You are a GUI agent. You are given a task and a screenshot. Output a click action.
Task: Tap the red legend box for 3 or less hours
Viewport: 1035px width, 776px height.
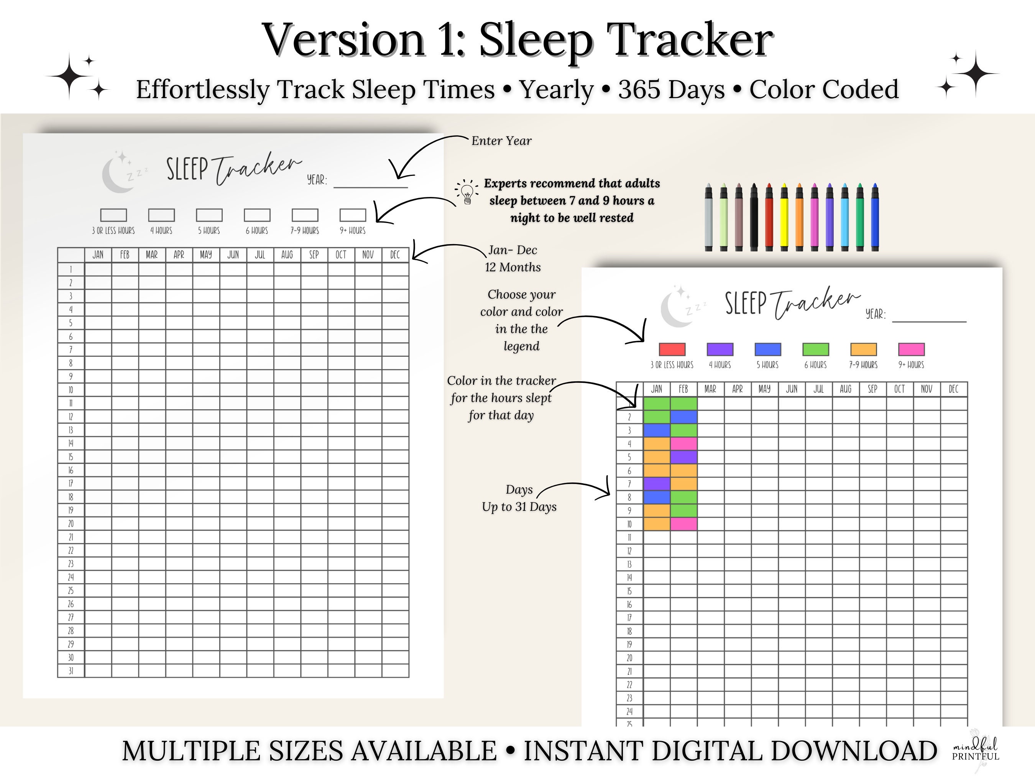click(x=672, y=349)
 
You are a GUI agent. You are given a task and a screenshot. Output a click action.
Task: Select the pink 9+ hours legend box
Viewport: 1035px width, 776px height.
click(x=911, y=349)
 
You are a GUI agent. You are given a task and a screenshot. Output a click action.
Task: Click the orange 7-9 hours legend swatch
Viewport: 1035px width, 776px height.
click(x=863, y=349)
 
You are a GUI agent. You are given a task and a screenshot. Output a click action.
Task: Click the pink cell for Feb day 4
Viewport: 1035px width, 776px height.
click(x=683, y=443)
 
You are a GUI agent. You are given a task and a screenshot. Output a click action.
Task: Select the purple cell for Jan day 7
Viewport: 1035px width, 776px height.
click(x=657, y=484)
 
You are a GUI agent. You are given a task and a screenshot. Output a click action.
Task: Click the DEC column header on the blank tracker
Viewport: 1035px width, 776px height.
click(x=395, y=254)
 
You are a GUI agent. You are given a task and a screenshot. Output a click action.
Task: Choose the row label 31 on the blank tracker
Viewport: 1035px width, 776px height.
click(x=71, y=671)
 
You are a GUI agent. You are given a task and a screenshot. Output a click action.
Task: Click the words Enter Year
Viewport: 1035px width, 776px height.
click(x=501, y=141)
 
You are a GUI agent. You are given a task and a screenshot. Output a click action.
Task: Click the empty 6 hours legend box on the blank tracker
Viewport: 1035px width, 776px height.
click(x=257, y=215)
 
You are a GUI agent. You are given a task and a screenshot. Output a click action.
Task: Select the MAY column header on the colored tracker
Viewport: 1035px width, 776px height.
click(x=764, y=389)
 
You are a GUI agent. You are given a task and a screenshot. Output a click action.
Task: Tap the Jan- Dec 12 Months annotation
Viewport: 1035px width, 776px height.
click(x=513, y=259)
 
